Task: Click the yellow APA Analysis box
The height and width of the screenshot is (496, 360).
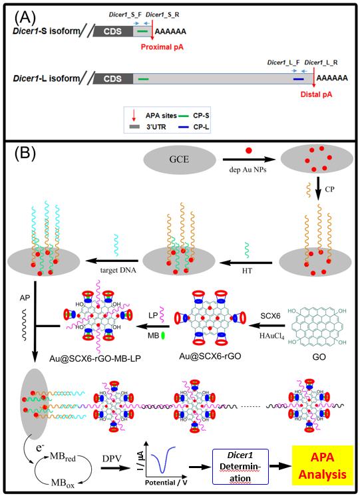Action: tap(322, 465)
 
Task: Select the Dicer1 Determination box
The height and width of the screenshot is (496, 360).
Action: tap(240, 467)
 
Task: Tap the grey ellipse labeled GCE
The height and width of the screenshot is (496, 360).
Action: tap(180, 159)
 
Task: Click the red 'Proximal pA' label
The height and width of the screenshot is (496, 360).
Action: tap(162, 47)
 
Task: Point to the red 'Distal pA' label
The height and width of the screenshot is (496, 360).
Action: tap(316, 94)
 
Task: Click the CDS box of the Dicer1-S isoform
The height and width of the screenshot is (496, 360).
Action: tap(112, 31)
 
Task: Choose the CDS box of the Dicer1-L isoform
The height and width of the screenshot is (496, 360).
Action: tap(112, 78)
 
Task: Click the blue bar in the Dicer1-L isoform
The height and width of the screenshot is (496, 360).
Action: tap(298, 78)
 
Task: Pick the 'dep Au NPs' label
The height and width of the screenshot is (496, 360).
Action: tap(248, 170)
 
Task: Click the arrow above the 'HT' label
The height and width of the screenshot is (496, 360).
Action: tap(246, 262)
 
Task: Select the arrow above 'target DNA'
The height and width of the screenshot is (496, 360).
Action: tap(112, 261)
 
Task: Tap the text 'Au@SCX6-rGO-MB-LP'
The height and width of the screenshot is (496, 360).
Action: tap(95, 358)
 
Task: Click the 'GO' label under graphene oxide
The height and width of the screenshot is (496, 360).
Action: tap(319, 357)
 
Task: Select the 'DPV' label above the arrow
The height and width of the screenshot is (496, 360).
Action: tap(112, 458)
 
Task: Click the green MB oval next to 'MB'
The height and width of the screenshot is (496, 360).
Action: tap(164, 335)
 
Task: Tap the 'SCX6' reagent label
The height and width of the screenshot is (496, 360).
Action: tap(270, 316)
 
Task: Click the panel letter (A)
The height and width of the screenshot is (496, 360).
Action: tap(25, 18)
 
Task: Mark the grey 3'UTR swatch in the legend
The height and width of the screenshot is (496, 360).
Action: tap(134, 127)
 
